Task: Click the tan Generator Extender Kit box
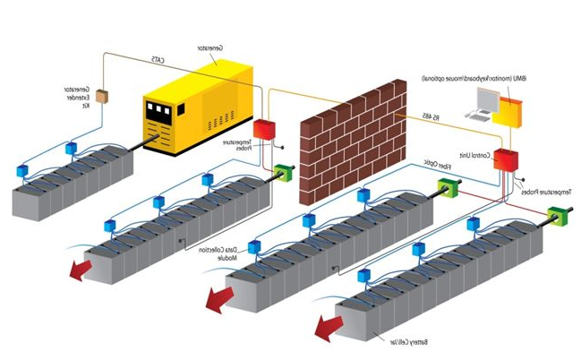(x=102, y=96)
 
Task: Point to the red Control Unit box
(x=508, y=159)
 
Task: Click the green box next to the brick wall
(x=286, y=172)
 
